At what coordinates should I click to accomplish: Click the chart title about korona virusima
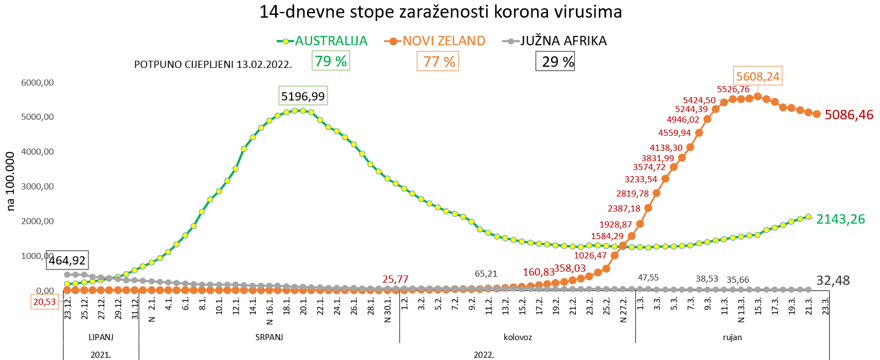(440, 12)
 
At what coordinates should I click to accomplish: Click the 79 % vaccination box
(330, 61)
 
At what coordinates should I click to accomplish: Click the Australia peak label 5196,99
(303, 96)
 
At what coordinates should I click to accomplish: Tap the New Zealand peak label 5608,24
(757, 77)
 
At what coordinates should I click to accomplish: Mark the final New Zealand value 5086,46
(849, 115)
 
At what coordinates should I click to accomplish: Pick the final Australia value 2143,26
(840, 219)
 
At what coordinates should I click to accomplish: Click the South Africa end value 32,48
(832, 280)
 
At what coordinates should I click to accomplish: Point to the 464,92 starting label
(67, 261)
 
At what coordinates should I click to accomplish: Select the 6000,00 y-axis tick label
(38, 83)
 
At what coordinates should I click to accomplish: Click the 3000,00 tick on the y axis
(38, 187)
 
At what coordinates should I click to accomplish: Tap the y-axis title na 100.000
(10, 181)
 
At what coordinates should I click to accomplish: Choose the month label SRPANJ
(269, 337)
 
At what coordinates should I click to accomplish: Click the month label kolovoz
(518, 337)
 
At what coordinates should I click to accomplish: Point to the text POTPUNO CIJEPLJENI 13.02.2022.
(213, 65)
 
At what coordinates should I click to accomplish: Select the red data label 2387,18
(624, 209)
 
